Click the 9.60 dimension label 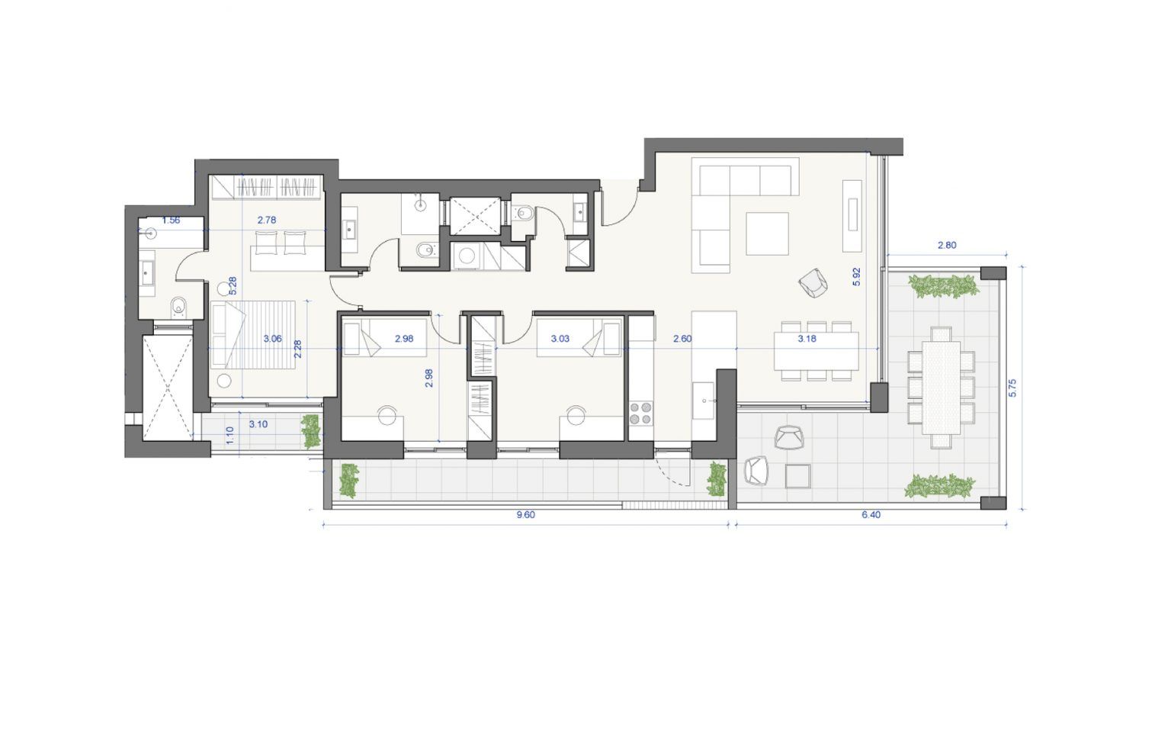click(525, 515)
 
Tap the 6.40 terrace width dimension click(871, 515)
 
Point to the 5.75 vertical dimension click(1012, 388)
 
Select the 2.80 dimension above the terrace click(947, 245)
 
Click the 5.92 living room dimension click(856, 277)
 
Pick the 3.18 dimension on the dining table click(807, 339)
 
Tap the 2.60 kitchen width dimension click(682, 339)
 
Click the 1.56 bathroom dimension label click(171, 220)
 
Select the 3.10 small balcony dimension click(258, 424)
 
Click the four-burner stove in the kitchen click(640, 414)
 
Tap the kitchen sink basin click(704, 401)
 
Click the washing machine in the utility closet click(467, 256)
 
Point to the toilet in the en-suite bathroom click(179, 307)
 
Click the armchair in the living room click(813, 283)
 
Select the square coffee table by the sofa click(768, 233)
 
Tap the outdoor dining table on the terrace click(941, 387)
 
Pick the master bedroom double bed click(252, 335)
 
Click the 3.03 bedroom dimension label click(560, 339)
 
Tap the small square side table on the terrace click(797, 476)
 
